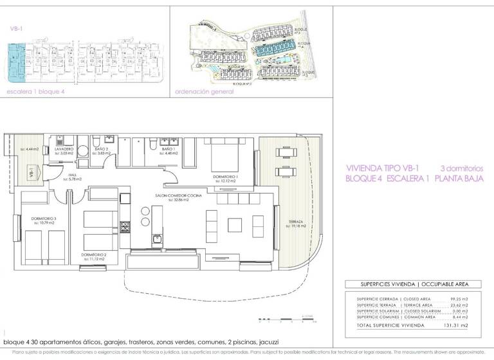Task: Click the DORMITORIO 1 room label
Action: [226, 175]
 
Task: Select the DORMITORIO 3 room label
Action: [44, 219]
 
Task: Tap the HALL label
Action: [75, 176]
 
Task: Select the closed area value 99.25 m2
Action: [459, 299]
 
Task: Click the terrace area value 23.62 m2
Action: [459, 305]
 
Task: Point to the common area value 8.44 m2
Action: [461, 316]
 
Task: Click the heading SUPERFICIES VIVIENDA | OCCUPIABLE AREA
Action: [415, 283]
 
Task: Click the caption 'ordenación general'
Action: [205, 91]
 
